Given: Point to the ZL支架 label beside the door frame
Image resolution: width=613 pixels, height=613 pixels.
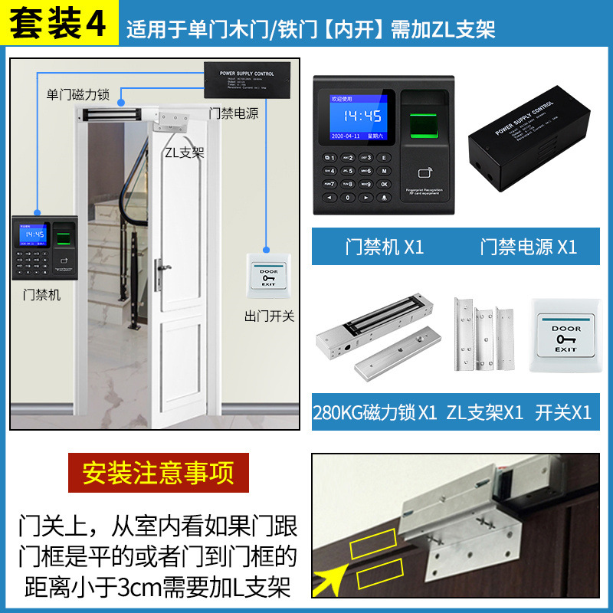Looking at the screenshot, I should [x=184, y=152].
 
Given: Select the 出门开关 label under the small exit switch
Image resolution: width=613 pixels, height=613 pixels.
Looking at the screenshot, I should [x=269, y=316].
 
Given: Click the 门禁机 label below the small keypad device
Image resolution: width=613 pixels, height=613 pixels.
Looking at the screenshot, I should [x=42, y=294].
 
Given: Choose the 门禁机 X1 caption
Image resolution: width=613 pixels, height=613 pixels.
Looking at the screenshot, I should [x=384, y=247].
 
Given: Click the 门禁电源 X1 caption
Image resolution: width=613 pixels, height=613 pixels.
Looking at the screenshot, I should [x=528, y=247].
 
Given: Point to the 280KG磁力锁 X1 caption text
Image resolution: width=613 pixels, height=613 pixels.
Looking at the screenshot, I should [x=374, y=412].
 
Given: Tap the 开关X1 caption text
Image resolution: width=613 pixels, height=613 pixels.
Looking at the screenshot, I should [x=563, y=412].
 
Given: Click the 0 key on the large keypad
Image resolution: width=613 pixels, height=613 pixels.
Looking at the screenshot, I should [x=348, y=198].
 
